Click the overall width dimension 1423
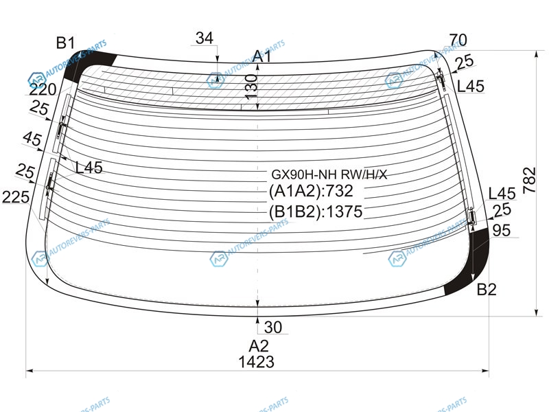(256, 362)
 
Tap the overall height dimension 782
(529, 180)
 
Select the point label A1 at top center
(262, 56)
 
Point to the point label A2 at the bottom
(259, 346)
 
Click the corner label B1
(65, 43)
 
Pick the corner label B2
(487, 289)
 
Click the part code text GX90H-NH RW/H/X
(329, 174)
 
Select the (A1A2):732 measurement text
(311, 191)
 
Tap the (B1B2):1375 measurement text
(316, 211)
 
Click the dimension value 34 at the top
(205, 38)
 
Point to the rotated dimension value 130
(251, 87)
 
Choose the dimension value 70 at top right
(458, 41)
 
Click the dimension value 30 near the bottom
(272, 328)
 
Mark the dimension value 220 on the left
(43, 90)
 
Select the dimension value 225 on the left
(16, 197)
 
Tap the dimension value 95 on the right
(502, 231)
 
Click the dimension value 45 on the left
(32, 139)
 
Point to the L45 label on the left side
(89, 168)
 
